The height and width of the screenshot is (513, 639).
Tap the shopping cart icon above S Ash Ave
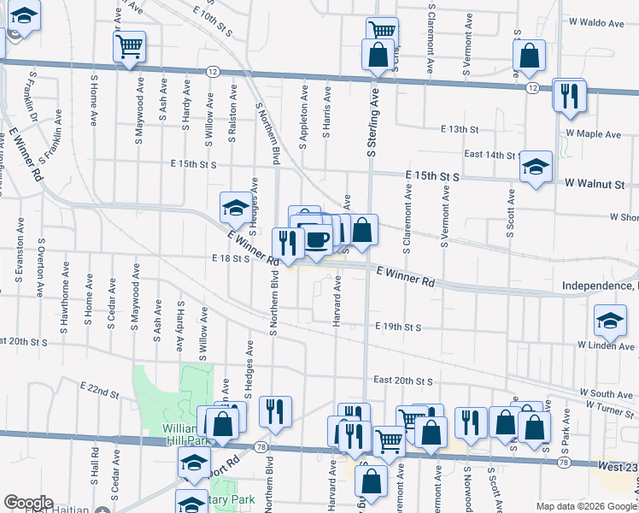(130, 45)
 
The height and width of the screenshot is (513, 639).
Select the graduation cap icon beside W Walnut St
(536, 166)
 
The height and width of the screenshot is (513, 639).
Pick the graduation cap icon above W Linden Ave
(612, 321)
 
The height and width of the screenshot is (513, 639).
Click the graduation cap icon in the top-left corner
(25, 16)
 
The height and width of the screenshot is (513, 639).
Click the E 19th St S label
(399, 327)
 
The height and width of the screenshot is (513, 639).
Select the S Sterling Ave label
(372, 126)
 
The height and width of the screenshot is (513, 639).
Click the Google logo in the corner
(27, 503)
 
